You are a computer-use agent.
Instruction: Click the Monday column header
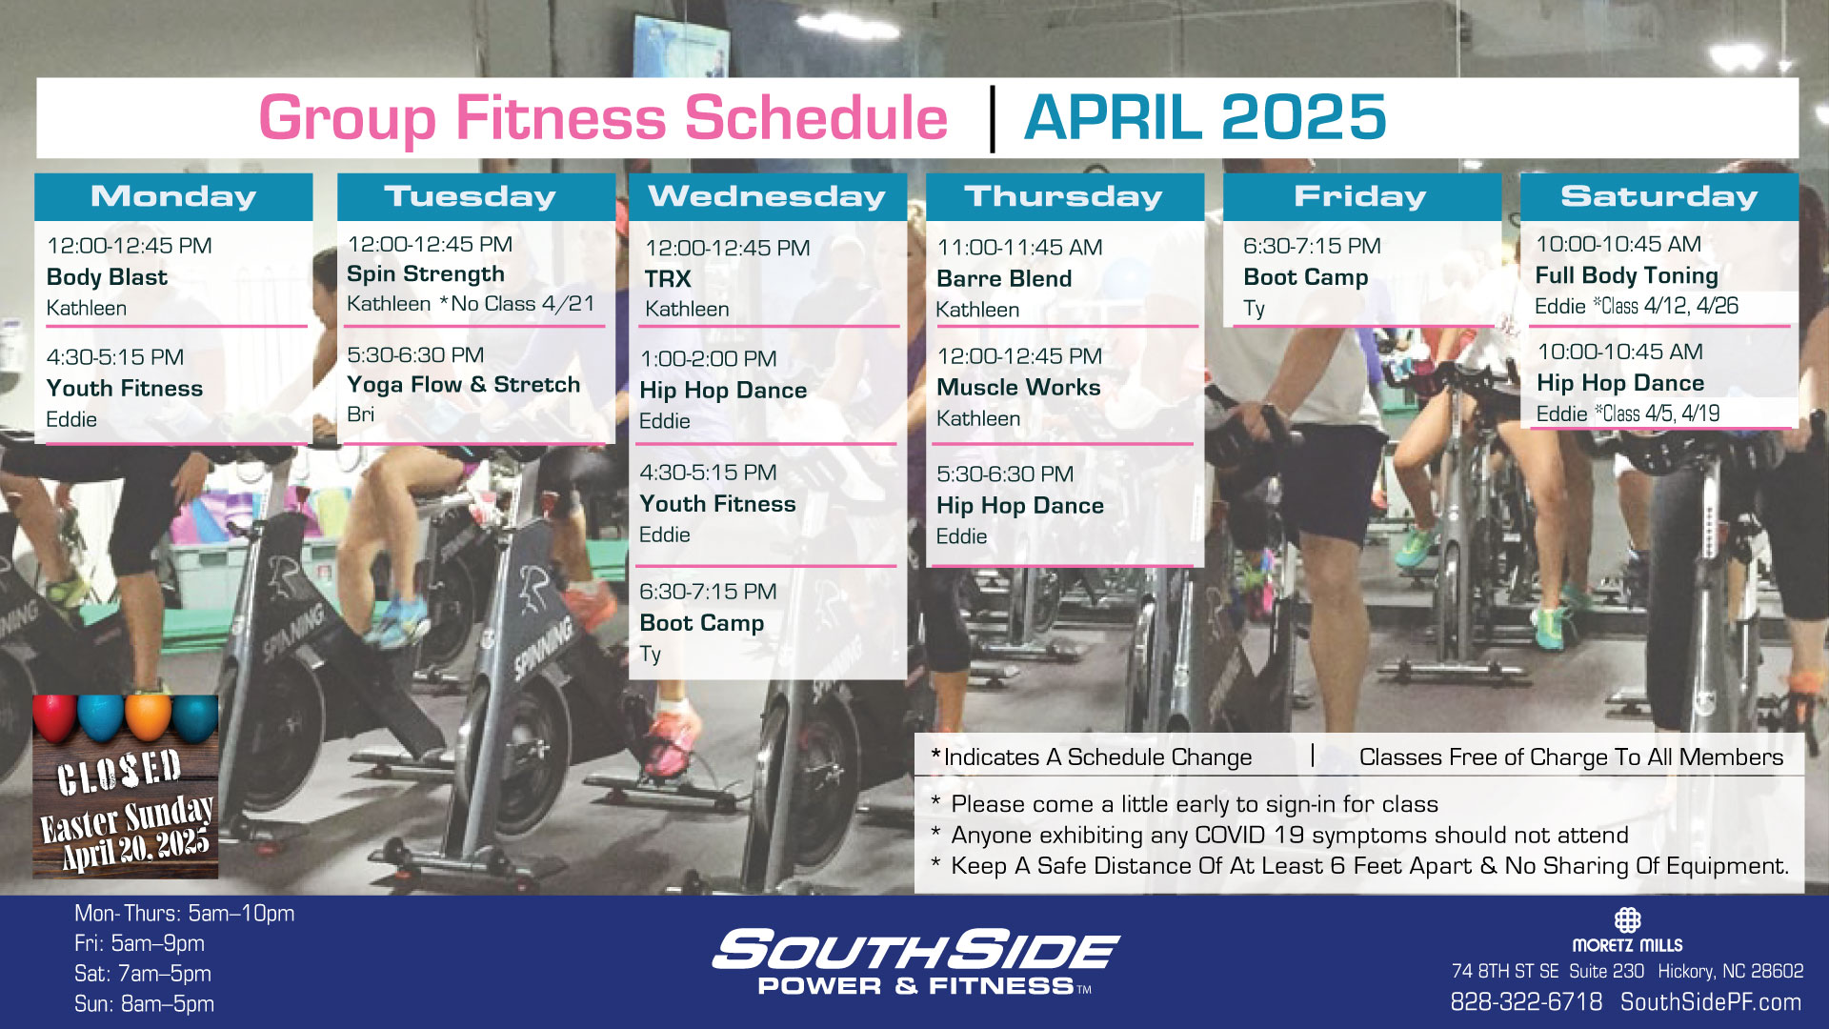[x=173, y=196]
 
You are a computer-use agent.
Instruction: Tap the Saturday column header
[x=1658, y=196]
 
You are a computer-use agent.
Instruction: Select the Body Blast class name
[x=107, y=277]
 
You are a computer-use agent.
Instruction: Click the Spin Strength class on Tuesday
[x=426, y=274]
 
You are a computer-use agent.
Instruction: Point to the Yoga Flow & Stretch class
[x=463, y=385]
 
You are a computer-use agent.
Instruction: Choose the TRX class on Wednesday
[x=668, y=279]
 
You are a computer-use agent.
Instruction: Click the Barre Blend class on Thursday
[x=1004, y=279]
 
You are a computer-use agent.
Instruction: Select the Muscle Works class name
[x=1018, y=388]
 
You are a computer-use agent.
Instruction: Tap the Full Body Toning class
[x=1626, y=276]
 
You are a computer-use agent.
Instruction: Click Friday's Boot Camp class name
[x=1305, y=278]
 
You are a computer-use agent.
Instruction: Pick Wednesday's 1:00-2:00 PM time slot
[x=708, y=359]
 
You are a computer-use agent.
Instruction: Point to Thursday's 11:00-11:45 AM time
[x=1019, y=248]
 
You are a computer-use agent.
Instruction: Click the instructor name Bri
[x=360, y=414]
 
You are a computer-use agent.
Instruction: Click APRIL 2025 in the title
[x=1205, y=117]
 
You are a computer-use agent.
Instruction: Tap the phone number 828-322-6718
[x=1526, y=1002]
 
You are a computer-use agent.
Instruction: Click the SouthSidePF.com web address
[x=1711, y=1002]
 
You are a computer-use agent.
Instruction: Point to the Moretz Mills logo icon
[x=1627, y=920]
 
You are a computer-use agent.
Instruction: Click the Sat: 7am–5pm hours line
[x=143, y=974]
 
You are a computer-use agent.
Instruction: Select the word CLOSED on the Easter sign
[x=119, y=772]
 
